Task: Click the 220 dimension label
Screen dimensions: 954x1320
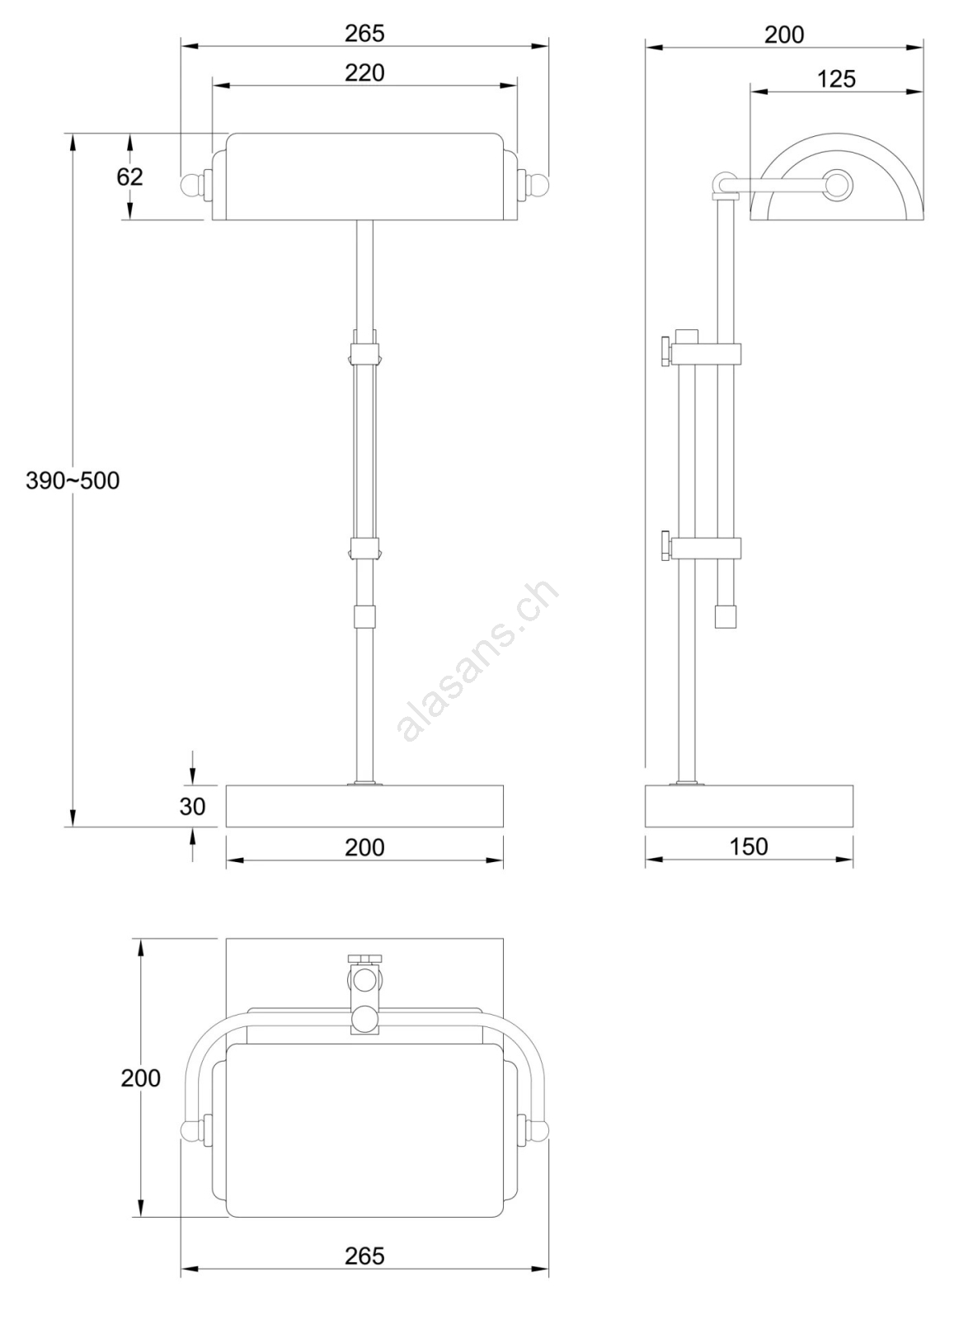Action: pyautogui.click(x=364, y=73)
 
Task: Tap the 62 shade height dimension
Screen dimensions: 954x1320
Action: pyautogui.click(x=129, y=177)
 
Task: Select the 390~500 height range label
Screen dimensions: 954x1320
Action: pyautogui.click(x=73, y=481)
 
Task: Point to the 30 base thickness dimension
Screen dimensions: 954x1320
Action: pyautogui.click(x=193, y=806)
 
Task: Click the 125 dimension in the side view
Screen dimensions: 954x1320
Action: pyautogui.click(x=836, y=79)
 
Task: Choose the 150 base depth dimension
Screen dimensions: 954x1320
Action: pyautogui.click(x=749, y=846)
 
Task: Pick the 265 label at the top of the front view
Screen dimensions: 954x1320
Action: pyautogui.click(x=364, y=34)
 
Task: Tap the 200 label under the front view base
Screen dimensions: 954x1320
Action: pyautogui.click(x=364, y=847)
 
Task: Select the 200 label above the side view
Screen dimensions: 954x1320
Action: pyautogui.click(x=784, y=35)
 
